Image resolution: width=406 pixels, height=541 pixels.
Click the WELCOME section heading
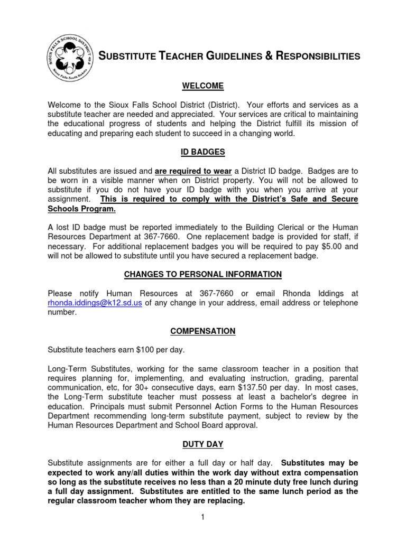point(203,86)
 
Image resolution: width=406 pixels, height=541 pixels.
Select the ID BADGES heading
point(203,152)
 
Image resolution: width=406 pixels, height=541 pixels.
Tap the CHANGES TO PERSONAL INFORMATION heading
point(203,274)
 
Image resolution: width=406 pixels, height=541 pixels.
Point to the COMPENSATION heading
point(203,331)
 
